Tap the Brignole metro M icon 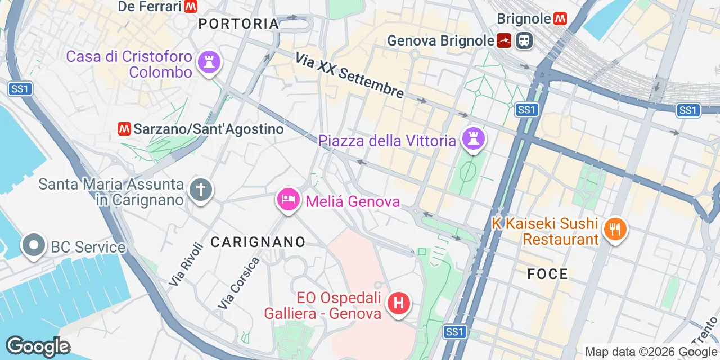tap(560, 19)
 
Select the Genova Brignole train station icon tap(524, 40)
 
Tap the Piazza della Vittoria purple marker tap(473, 138)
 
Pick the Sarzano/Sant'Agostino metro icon tap(124, 129)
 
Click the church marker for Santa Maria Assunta tap(200, 190)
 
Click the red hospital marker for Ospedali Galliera tap(399, 304)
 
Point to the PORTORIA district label tap(239, 24)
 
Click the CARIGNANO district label tap(258, 242)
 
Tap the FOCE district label tap(548, 274)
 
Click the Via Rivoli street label tap(186, 264)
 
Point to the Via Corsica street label tap(240, 283)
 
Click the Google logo tap(38, 346)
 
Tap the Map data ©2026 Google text tap(650, 352)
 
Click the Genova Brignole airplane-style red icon tap(504, 40)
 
